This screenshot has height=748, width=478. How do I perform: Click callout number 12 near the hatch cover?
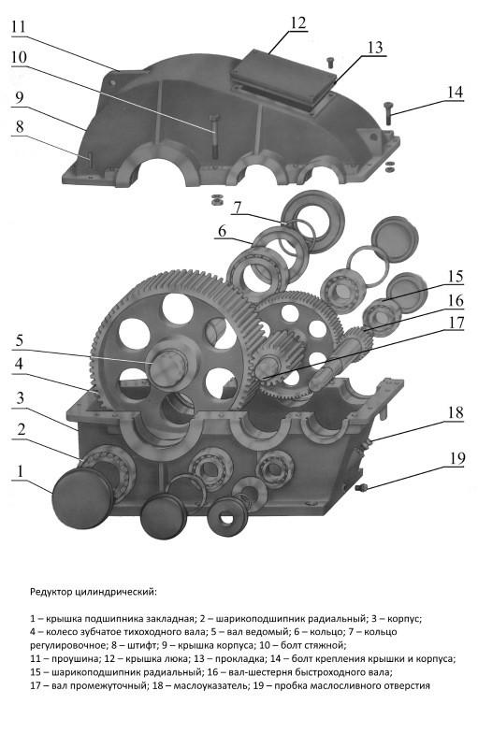point(297,23)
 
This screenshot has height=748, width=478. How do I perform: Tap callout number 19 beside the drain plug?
point(456,458)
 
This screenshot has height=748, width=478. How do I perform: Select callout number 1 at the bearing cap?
point(20,471)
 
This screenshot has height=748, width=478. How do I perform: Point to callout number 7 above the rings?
point(238,208)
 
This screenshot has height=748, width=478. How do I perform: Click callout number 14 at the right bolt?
point(456,92)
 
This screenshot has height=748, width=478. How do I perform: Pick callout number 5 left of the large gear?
point(19,341)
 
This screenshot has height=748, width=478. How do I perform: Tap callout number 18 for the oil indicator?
point(456,412)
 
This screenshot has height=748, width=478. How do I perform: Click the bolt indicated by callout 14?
point(387,113)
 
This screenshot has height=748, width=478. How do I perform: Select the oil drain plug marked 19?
point(361,487)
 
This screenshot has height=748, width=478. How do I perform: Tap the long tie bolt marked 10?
point(214,136)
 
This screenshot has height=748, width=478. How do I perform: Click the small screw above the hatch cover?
point(329,62)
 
